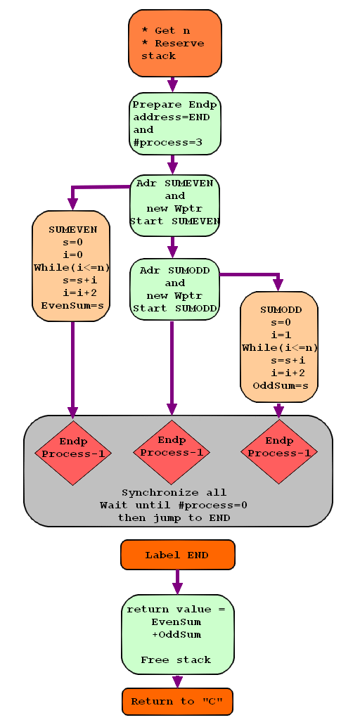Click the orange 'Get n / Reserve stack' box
point(175,43)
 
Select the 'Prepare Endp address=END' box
point(175,123)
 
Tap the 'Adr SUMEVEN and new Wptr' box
point(174,205)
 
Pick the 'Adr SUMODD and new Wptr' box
point(174,289)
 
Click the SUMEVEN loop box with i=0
point(71,266)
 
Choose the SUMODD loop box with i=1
point(279,347)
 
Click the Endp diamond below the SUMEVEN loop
point(73,453)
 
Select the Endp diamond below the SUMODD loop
point(279,451)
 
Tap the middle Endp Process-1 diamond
point(172,452)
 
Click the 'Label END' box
point(178,555)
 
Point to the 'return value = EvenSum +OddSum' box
point(178,634)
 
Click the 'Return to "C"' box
point(177,702)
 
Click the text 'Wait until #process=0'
point(174,506)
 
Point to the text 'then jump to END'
point(174,518)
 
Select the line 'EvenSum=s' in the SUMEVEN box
point(72,306)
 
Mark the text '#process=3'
point(168,143)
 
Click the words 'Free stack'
point(176,660)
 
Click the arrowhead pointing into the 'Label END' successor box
point(177,588)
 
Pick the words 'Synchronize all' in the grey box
point(174,493)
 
